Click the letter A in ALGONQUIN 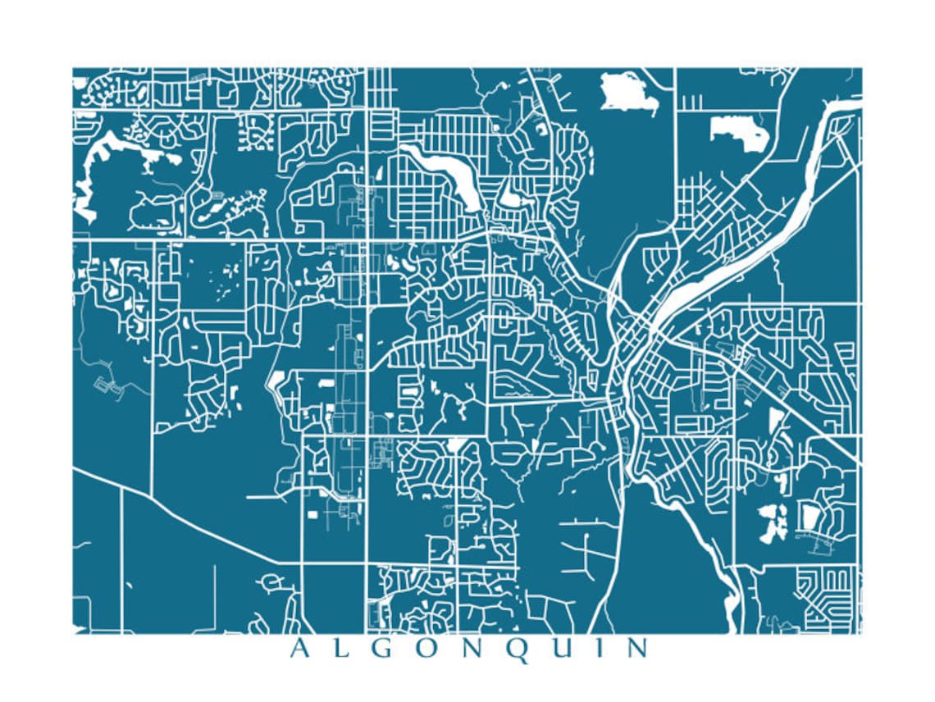(300, 649)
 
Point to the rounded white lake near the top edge (627, 92)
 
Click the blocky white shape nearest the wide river (738, 131)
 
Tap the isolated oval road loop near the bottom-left (271, 583)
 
